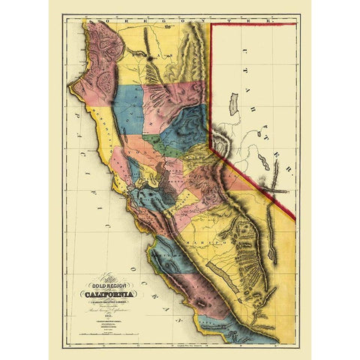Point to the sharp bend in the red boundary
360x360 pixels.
coord(211,147)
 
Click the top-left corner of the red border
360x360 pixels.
coord(211,22)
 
